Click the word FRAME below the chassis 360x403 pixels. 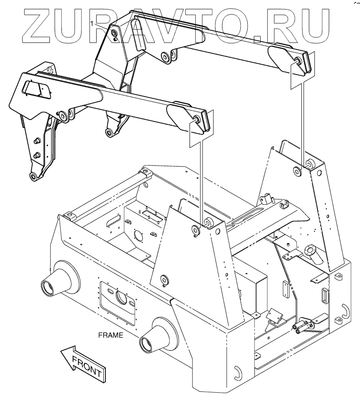pos(111,335)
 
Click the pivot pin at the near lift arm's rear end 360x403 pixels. pos(196,120)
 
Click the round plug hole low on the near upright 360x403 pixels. pos(164,279)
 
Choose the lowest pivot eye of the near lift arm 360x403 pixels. pos(33,176)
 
